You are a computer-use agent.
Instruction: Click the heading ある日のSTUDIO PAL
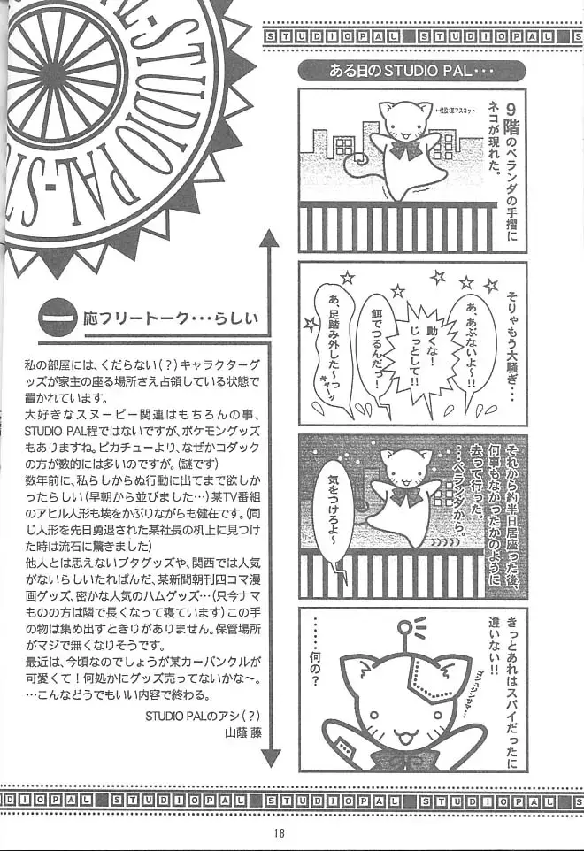click(x=411, y=71)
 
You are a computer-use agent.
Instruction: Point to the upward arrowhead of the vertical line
click(x=269, y=238)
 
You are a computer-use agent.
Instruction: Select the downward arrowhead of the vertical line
click(x=270, y=756)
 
